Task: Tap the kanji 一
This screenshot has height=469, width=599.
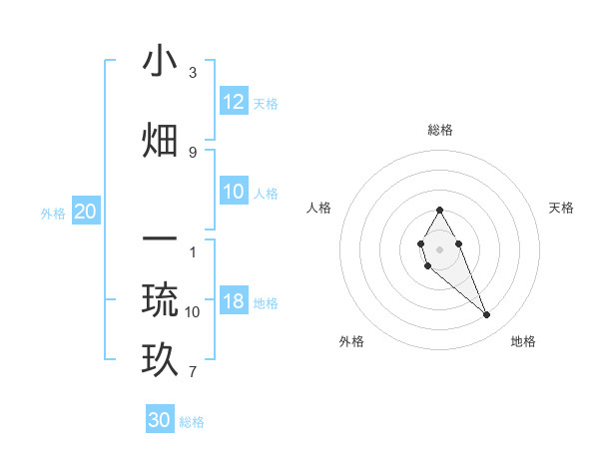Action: [161, 240]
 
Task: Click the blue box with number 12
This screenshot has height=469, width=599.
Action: [234, 101]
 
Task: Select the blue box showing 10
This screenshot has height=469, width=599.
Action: [234, 192]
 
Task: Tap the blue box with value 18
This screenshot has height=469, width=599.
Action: [234, 301]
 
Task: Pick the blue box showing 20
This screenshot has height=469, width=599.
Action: [86, 212]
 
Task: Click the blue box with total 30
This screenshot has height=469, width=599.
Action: [160, 420]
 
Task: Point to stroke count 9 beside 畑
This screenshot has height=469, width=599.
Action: [193, 152]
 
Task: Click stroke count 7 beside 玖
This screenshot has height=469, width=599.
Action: [193, 373]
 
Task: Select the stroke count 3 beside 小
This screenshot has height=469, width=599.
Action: [193, 73]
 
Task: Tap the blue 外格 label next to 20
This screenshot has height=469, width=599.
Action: [53, 213]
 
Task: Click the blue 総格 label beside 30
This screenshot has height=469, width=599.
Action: [192, 422]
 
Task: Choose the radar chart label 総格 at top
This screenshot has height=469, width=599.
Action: [440, 130]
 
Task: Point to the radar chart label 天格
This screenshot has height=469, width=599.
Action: [561, 208]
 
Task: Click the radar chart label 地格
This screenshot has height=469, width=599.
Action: [523, 341]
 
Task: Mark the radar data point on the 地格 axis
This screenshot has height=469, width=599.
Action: [487, 315]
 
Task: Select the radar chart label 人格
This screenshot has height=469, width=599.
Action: [318, 208]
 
